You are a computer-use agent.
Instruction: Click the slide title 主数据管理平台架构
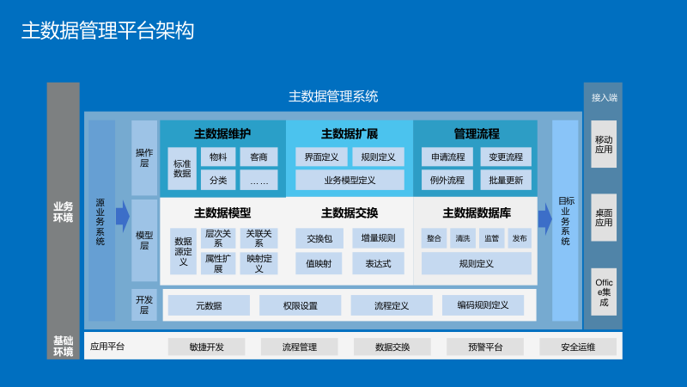click(107, 32)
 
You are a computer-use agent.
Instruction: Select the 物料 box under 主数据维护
click(218, 157)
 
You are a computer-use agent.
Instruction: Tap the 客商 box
click(258, 157)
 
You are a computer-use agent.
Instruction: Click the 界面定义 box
click(322, 157)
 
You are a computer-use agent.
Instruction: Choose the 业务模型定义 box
click(350, 180)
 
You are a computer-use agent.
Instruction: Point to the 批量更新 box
click(506, 180)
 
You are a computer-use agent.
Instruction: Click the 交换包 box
click(319, 238)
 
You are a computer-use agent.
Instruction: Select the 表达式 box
click(378, 263)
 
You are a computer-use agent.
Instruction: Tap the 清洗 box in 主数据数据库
click(463, 238)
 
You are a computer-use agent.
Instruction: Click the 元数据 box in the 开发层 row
click(209, 305)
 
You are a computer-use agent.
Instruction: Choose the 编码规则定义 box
click(483, 305)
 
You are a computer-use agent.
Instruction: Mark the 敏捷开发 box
click(206, 347)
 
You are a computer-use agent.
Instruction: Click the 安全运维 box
click(578, 347)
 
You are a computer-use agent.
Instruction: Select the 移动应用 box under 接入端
click(604, 144)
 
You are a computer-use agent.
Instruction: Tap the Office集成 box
click(604, 291)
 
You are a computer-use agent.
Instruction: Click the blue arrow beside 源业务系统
click(122, 217)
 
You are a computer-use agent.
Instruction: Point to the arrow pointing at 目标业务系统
click(544, 218)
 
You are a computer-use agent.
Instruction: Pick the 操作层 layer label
click(144, 157)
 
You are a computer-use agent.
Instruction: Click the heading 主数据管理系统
click(333, 96)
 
